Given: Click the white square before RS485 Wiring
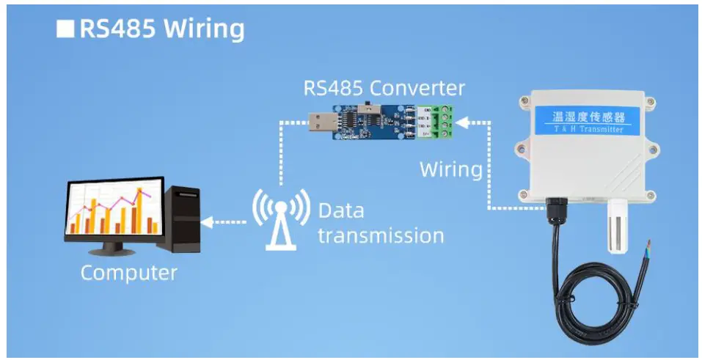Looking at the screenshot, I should pyautogui.click(x=66, y=29).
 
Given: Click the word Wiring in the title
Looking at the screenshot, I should pyautogui.click(x=204, y=29).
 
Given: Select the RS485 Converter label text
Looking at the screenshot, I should pyautogui.click(x=384, y=89).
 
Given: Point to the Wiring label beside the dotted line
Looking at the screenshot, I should pyautogui.click(x=450, y=169).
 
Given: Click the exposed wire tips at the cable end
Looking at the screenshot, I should pyautogui.click(x=649, y=247).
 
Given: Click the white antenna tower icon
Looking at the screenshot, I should pyautogui.click(x=279, y=217).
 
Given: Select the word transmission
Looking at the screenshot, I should pyautogui.click(x=381, y=236).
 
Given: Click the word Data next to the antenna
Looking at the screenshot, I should pyautogui.click(x=341, y=211).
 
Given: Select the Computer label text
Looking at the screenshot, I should pyautogui.click(x=128, y=273).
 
